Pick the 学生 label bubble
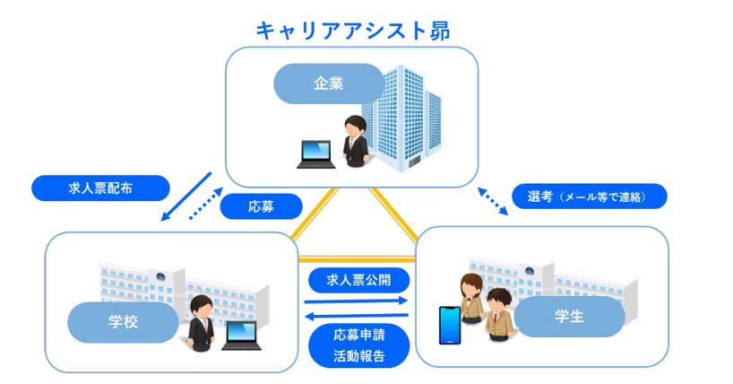click(569, 317)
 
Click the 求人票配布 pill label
click(100, 188)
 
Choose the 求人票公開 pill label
click(358, 280)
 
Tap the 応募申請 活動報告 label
click(358, 345)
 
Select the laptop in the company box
click(316, 154)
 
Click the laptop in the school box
click(240, 336)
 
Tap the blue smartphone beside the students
click(448, 326)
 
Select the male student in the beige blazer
click(499, 314)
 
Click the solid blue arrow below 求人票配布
click(186, 196)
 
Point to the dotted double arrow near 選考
click(492, 201)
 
